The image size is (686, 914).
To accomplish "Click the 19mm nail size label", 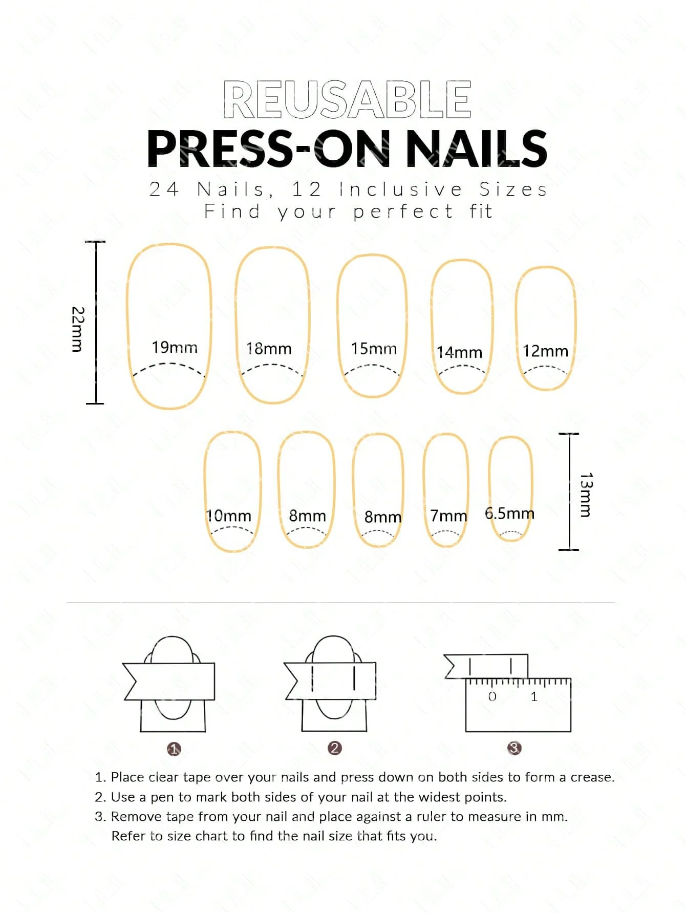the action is (175, 347).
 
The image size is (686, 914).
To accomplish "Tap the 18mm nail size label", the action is (269, 349).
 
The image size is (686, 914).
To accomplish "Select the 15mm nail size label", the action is (374, 349).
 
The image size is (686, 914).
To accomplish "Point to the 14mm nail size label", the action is (459, 352).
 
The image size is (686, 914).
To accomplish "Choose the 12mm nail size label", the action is (545, 351).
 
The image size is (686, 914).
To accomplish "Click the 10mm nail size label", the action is (228, 516).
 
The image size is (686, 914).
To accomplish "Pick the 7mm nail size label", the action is (448, 516).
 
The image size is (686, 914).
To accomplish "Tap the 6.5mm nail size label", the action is (509, 513).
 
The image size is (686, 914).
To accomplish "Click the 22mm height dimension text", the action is (77, 329).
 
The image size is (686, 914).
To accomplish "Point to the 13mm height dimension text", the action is (586, 495).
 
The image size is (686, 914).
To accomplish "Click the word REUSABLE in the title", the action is (347, 99).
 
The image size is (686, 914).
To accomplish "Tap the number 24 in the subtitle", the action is (164, 189).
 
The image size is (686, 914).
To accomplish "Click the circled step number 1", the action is (174, 749).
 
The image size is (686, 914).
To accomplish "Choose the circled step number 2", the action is (334, 748).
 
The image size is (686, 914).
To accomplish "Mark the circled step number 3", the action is (514, 748).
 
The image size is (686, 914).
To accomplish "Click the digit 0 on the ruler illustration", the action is (492, 696).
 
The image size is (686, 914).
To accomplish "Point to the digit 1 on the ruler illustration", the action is (534, 696).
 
